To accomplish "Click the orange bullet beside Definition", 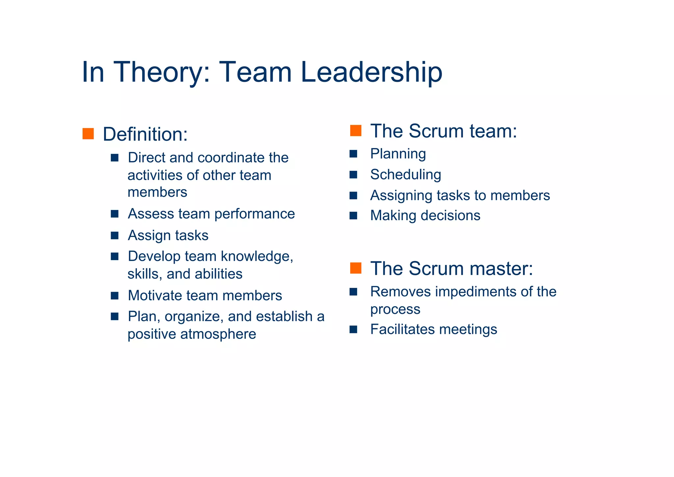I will (88, 134).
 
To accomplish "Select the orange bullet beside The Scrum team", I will (356, 131).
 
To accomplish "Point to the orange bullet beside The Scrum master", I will (356, 268).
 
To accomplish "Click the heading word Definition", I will (145, 134).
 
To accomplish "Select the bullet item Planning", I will (398, 154).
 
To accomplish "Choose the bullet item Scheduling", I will (405, 175).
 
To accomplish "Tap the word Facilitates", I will (402, 329).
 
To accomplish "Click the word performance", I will (254, 214).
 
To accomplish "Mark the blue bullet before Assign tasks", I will (115, 235).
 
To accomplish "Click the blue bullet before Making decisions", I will (353, 216).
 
